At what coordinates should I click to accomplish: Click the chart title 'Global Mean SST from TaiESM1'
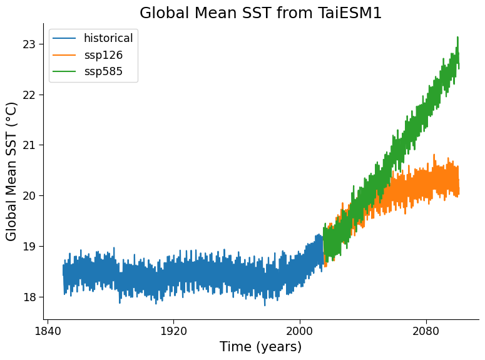260,13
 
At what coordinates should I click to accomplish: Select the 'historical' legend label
108,38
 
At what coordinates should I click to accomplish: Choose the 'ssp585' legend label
103,71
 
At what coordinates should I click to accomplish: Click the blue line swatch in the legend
64,39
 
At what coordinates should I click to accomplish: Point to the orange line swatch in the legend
64,55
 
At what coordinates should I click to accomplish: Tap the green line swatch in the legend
64,71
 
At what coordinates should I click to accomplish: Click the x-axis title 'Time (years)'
260,347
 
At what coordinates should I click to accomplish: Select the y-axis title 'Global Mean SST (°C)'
12,172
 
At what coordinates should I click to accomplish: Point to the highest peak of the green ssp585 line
457,38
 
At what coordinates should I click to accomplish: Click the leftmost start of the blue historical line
63,271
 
